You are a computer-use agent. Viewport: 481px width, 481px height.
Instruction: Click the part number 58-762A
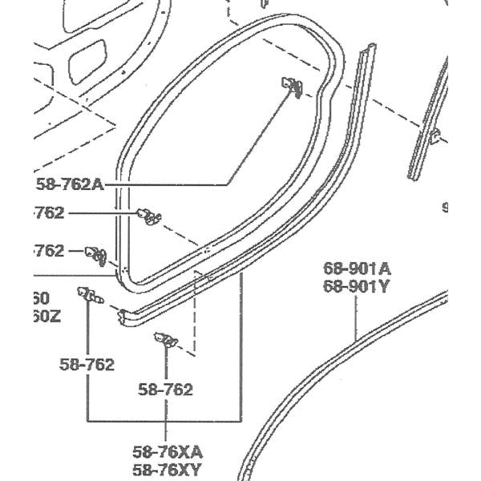click(71, 184)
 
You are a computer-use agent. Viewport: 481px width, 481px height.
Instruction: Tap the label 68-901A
click(357, 268)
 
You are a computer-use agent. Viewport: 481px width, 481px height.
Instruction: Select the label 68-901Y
click(357, 285)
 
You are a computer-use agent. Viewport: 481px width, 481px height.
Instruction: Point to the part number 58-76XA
click(168, 451)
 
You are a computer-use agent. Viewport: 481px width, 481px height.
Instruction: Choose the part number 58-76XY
click(168, 469)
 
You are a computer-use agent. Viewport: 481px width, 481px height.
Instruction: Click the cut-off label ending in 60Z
click(46, 315)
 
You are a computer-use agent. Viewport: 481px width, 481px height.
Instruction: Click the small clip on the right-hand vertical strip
click(434, 135)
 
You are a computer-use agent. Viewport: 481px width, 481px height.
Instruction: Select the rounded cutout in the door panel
click(88, 59)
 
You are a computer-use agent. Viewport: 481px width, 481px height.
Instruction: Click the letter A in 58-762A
click(98, 184)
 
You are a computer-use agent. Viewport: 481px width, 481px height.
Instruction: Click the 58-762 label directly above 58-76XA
click(166, 390)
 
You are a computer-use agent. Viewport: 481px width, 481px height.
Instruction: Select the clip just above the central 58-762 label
click(167, 341)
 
